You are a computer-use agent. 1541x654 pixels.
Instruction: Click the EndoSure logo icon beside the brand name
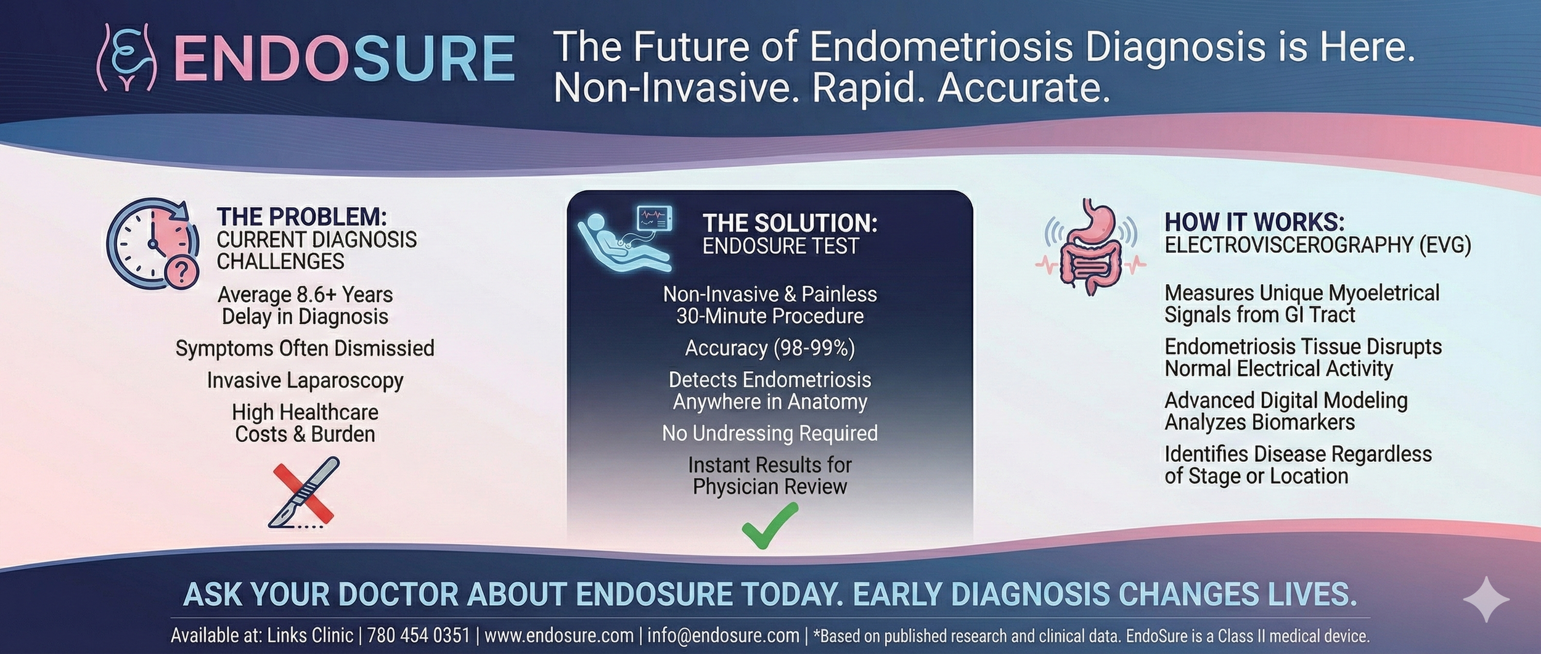[x=127, y=57]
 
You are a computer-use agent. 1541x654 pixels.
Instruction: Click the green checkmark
[x=769, y=525]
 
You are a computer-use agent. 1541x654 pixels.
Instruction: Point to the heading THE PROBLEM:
[x=301, y=217]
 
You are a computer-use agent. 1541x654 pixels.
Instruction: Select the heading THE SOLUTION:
[x=790, y=223]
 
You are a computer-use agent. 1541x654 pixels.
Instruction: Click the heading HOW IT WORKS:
[x=1254, y=222]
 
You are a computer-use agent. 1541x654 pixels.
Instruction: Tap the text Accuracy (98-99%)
[x=769, y=348]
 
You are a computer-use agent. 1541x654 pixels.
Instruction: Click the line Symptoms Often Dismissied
[x=305, y=348]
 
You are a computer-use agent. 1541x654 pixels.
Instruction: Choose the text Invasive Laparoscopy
[x=305, y=380]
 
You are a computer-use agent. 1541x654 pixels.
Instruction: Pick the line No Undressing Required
[x=769, y=433]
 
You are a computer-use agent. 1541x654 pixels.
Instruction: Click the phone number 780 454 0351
[x=419, y=636]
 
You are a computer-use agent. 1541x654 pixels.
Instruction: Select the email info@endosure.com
[x=723, y=636]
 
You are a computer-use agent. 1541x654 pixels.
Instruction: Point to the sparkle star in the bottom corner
[x=1486, y=599]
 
